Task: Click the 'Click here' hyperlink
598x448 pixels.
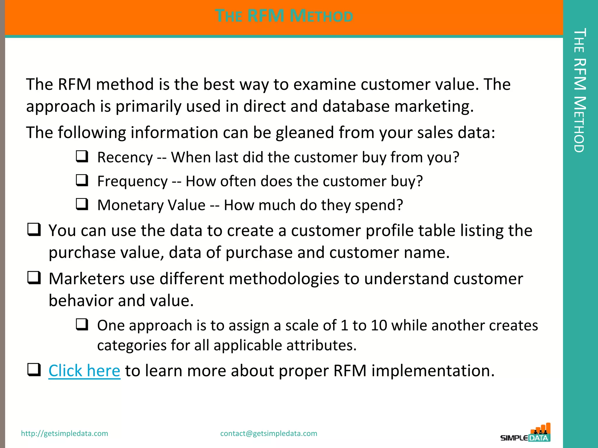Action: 84,371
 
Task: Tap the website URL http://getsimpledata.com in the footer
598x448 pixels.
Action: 65,433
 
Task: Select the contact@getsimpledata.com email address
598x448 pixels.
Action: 269,433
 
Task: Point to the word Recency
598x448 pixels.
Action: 125,157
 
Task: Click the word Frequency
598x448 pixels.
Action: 132,181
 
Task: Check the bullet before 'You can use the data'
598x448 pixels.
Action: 34,230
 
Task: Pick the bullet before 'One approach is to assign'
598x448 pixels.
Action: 82,324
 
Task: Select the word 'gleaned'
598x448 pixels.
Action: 305,133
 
